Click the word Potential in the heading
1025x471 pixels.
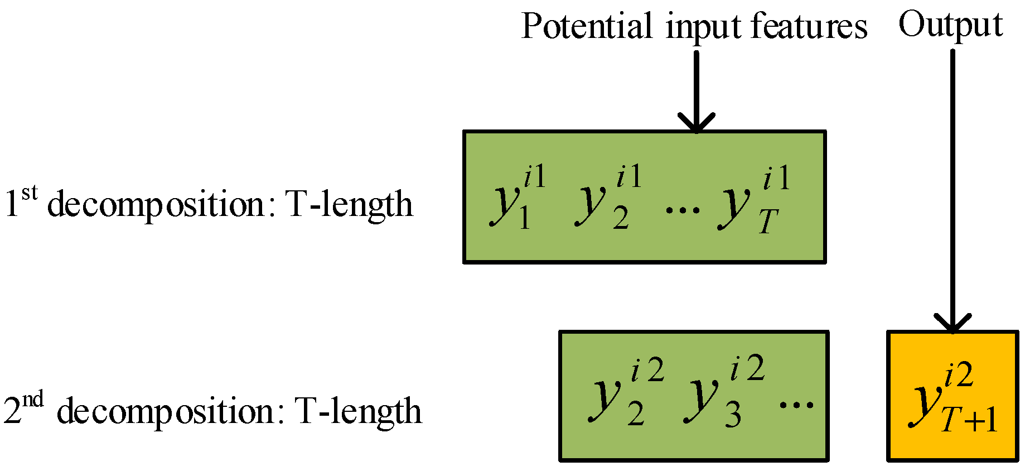(x=586, y=26)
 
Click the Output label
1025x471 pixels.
(x=950, y=25)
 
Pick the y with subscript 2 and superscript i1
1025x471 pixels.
(x=592, y=205)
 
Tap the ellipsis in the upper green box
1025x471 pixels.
(x=683, y=210)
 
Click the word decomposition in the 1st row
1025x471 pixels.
(x=156, y=205)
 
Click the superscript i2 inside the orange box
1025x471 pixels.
(x=959, y=374)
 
